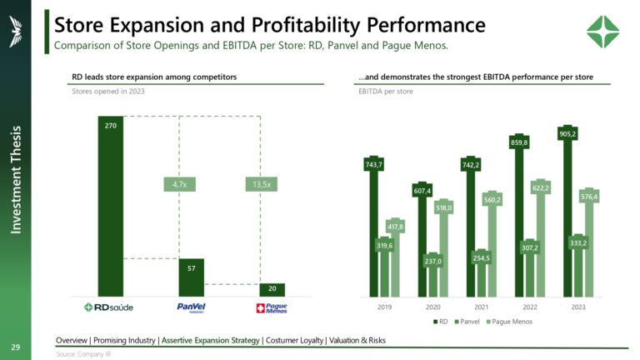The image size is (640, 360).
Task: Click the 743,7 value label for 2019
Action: coord(374,165)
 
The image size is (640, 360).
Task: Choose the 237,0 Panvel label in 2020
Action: coord(432,262)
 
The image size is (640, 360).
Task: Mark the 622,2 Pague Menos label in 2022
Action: coord(539,188)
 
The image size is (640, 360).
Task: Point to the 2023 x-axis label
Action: coord(577,307)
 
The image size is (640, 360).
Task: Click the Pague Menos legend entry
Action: coord(509,321)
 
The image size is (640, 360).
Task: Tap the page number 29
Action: coord(15,346)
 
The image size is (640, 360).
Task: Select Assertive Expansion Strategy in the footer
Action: coord(211,340)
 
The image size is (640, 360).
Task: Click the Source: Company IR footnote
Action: coord(83,354)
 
